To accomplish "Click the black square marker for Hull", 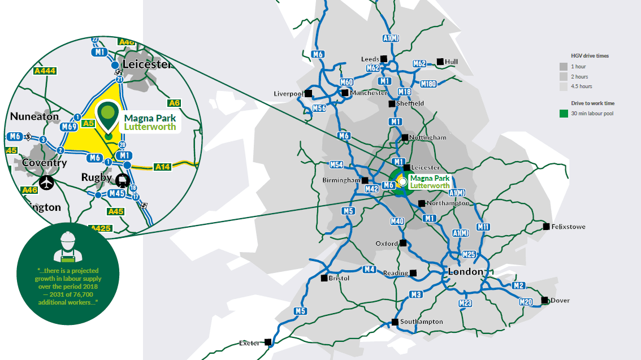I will (440, 62).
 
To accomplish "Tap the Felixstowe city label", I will (568, 227).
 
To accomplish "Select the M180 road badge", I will (428, 84).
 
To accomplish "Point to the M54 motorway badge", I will (336, 165).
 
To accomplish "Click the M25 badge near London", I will (469, 254).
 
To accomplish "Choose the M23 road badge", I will (465, 303).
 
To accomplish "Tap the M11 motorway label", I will (483, 227).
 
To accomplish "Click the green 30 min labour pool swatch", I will (564, 114).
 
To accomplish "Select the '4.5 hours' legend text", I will (582, 86).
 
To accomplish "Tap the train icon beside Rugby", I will (122, 180).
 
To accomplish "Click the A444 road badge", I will (45, 71).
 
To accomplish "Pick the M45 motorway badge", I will (116, 193).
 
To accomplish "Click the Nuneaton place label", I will (34, 116).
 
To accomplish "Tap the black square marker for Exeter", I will (268, 342).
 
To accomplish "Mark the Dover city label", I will (560, 301).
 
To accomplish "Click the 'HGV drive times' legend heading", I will (590, 56).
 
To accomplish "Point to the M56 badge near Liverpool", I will (319, 109).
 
